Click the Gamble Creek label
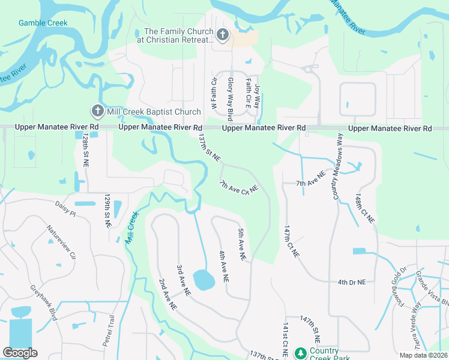tap(43, 23)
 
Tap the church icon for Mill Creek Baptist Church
tap(97, 111)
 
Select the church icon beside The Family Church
tap(222, 35)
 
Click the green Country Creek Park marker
tap(301, 353)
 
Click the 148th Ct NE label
tap(364, 209)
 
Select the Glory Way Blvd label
tap(230, 95)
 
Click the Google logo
tap(20, 353)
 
